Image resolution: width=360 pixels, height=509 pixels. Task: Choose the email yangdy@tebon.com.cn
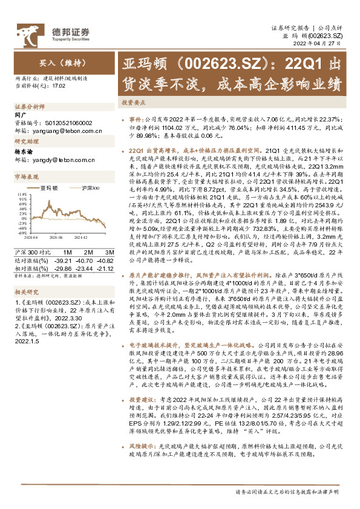53,160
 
